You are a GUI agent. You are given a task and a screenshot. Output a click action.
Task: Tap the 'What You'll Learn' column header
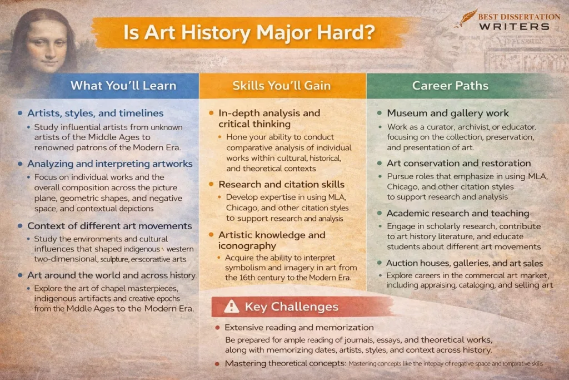(x=123, y=86)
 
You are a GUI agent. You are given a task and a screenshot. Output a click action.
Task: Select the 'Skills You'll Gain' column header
(x=282, y=86)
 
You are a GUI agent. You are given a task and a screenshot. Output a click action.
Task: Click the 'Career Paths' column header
(x=450, y=86)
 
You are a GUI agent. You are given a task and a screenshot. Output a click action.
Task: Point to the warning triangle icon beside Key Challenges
(x=231, y=307)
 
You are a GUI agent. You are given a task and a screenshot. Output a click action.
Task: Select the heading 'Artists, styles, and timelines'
(x=96, y=113)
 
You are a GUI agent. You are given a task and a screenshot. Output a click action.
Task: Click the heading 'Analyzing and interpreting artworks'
(x=109, y=164)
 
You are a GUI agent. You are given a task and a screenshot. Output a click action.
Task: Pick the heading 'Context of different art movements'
(x=109, y=226)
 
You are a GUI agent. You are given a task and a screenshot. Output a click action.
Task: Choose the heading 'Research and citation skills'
(x=281, y=184)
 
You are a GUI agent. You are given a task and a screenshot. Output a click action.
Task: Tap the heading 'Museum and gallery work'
(x=448, y=113)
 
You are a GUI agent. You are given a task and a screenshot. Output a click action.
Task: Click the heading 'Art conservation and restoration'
(x=459, y=163)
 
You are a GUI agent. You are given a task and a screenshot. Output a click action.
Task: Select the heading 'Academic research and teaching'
(x=458, y=213)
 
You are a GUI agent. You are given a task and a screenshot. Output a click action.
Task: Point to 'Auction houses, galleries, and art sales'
(x=465, y=263)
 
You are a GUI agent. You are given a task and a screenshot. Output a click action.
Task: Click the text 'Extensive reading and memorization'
(x=299, y=328)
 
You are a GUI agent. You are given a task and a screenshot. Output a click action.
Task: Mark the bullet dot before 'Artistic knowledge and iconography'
(x=211, y=235)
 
